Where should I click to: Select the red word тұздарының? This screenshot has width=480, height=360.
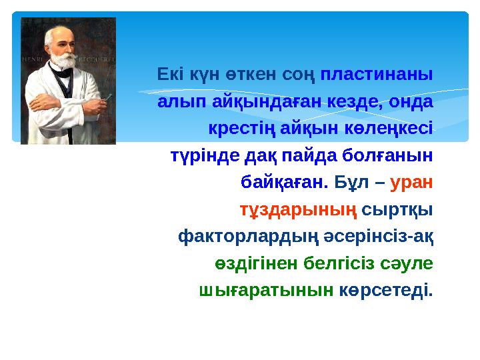[x=299, y=209]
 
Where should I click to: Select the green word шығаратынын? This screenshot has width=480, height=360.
[x=266, y=290]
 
